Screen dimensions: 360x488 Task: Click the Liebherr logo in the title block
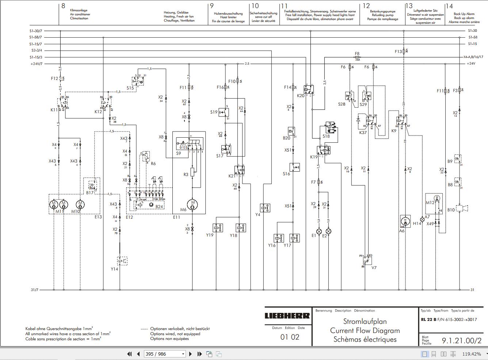pos(287,316)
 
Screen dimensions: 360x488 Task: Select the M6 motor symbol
pos(192,204)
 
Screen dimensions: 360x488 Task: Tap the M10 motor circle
pos(80,204)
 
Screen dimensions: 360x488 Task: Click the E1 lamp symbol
pos(319,231)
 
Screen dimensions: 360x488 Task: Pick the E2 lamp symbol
pos(328,231)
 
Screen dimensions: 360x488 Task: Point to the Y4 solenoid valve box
pos(265,208)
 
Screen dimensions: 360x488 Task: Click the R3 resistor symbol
pos(192,172)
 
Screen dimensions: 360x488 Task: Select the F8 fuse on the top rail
pos(357,57)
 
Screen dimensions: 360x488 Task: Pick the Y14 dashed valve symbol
pos(122,261)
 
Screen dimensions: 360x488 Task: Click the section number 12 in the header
pos(366,6)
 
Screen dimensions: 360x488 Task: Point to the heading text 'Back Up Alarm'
pos(464,14)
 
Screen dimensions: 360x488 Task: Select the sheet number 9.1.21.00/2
pos(461,341)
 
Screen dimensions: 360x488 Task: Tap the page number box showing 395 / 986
pos(165,354)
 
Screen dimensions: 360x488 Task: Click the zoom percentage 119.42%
pos(471,354)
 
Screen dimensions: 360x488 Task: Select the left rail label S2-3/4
pos(37,50)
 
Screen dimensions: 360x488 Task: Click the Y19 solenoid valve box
pos(218,227)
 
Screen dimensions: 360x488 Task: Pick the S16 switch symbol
pos(295,167)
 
